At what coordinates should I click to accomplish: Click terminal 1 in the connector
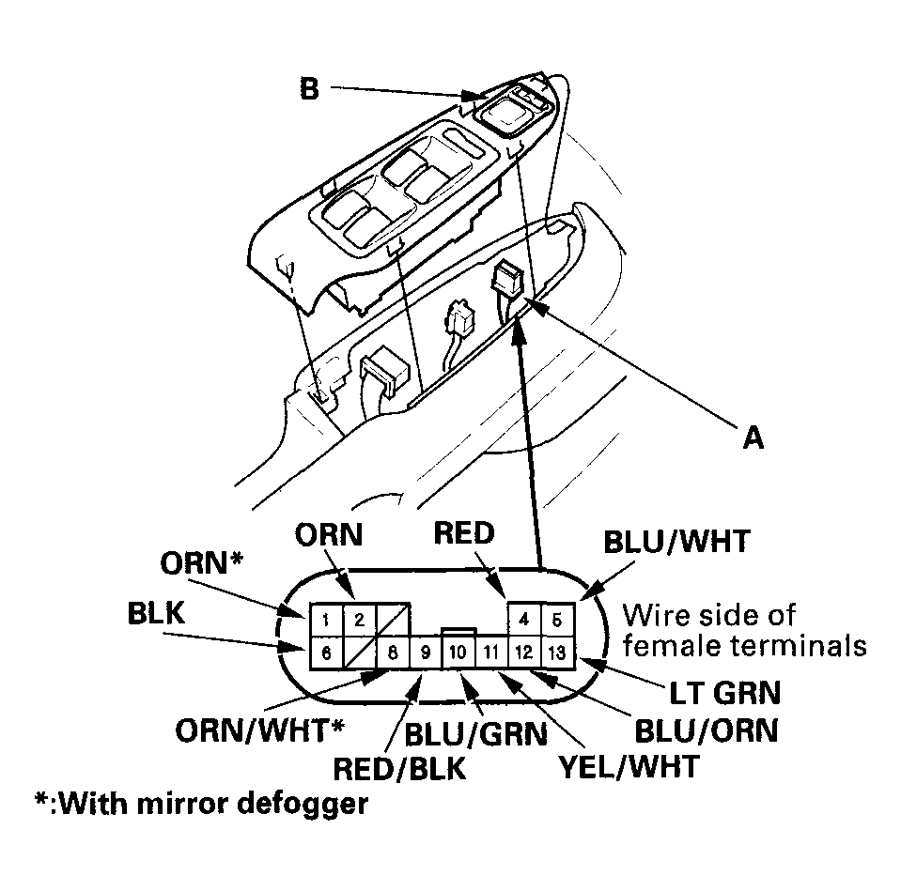point(323,621)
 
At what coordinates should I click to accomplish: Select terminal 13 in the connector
point(556,651)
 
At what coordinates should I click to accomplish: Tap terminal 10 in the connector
point(458,651)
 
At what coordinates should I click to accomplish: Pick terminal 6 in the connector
point(323,651)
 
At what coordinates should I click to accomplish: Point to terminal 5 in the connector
point(556,621)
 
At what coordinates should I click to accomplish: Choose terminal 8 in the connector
point(392,651)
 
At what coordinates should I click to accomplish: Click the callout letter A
point(751,438)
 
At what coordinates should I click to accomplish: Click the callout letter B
point(309,90)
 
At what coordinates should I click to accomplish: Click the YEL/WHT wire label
point(628,766)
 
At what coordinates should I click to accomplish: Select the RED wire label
point(463,533)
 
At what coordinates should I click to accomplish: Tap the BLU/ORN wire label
point(707,730)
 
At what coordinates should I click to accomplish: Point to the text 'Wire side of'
point(708,616)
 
